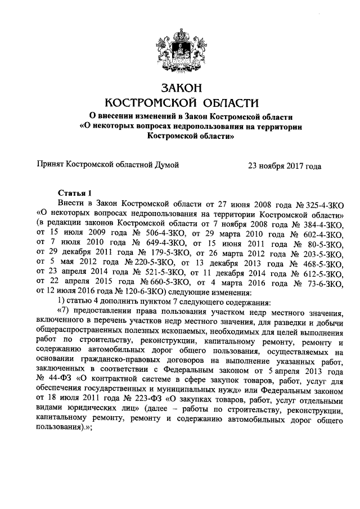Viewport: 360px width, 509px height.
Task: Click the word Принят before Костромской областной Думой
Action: tap(50, 166)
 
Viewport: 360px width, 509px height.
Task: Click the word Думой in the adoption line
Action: tap(166, 166)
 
